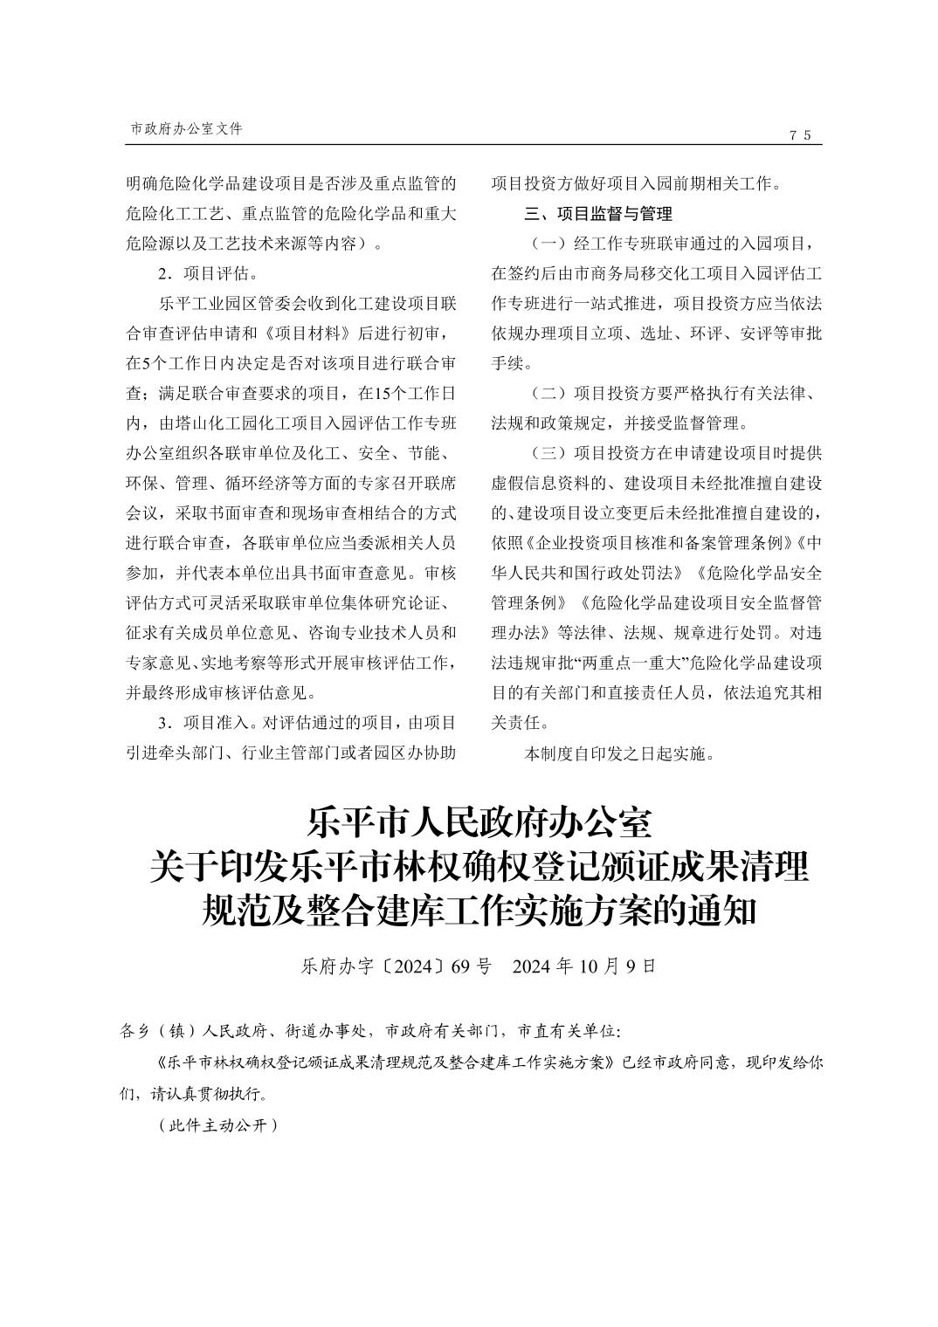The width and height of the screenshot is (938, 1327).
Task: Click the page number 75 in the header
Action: click(x=800, y=134)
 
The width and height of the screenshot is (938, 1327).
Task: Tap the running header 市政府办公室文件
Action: click(x=186, y=128)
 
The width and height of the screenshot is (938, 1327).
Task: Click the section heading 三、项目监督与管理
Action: click(x=597, y=213)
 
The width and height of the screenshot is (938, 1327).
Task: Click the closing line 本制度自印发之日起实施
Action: click(x=618, y=753)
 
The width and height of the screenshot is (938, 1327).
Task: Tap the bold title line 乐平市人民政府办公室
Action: click(x=479, y=822)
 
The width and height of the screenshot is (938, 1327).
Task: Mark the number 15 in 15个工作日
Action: click(x=382, y=394)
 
